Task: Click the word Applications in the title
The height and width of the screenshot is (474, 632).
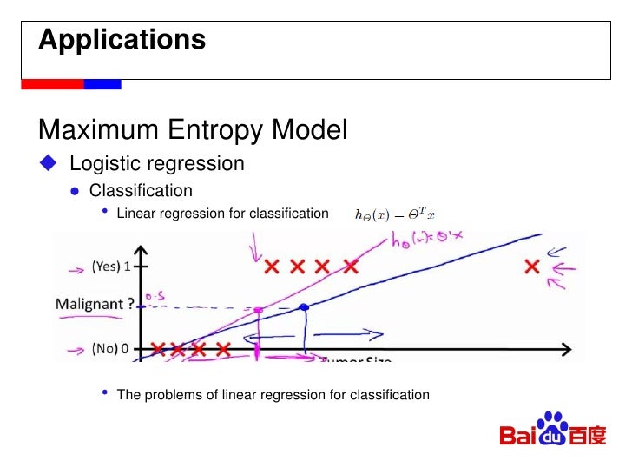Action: [122, 40]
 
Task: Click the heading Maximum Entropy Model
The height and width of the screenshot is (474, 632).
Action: [193, 130]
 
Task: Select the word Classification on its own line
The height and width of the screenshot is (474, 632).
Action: [141, 190]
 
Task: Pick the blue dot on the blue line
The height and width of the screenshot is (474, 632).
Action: [304, 306]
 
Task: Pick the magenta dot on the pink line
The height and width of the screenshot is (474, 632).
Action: [258, 309]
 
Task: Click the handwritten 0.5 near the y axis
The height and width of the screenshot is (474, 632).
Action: [154, 297]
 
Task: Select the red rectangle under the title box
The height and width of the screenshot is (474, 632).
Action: [51, 84]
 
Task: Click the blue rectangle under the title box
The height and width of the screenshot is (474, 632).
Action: [102, 84]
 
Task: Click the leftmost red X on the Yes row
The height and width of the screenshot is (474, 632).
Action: [272, 267]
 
